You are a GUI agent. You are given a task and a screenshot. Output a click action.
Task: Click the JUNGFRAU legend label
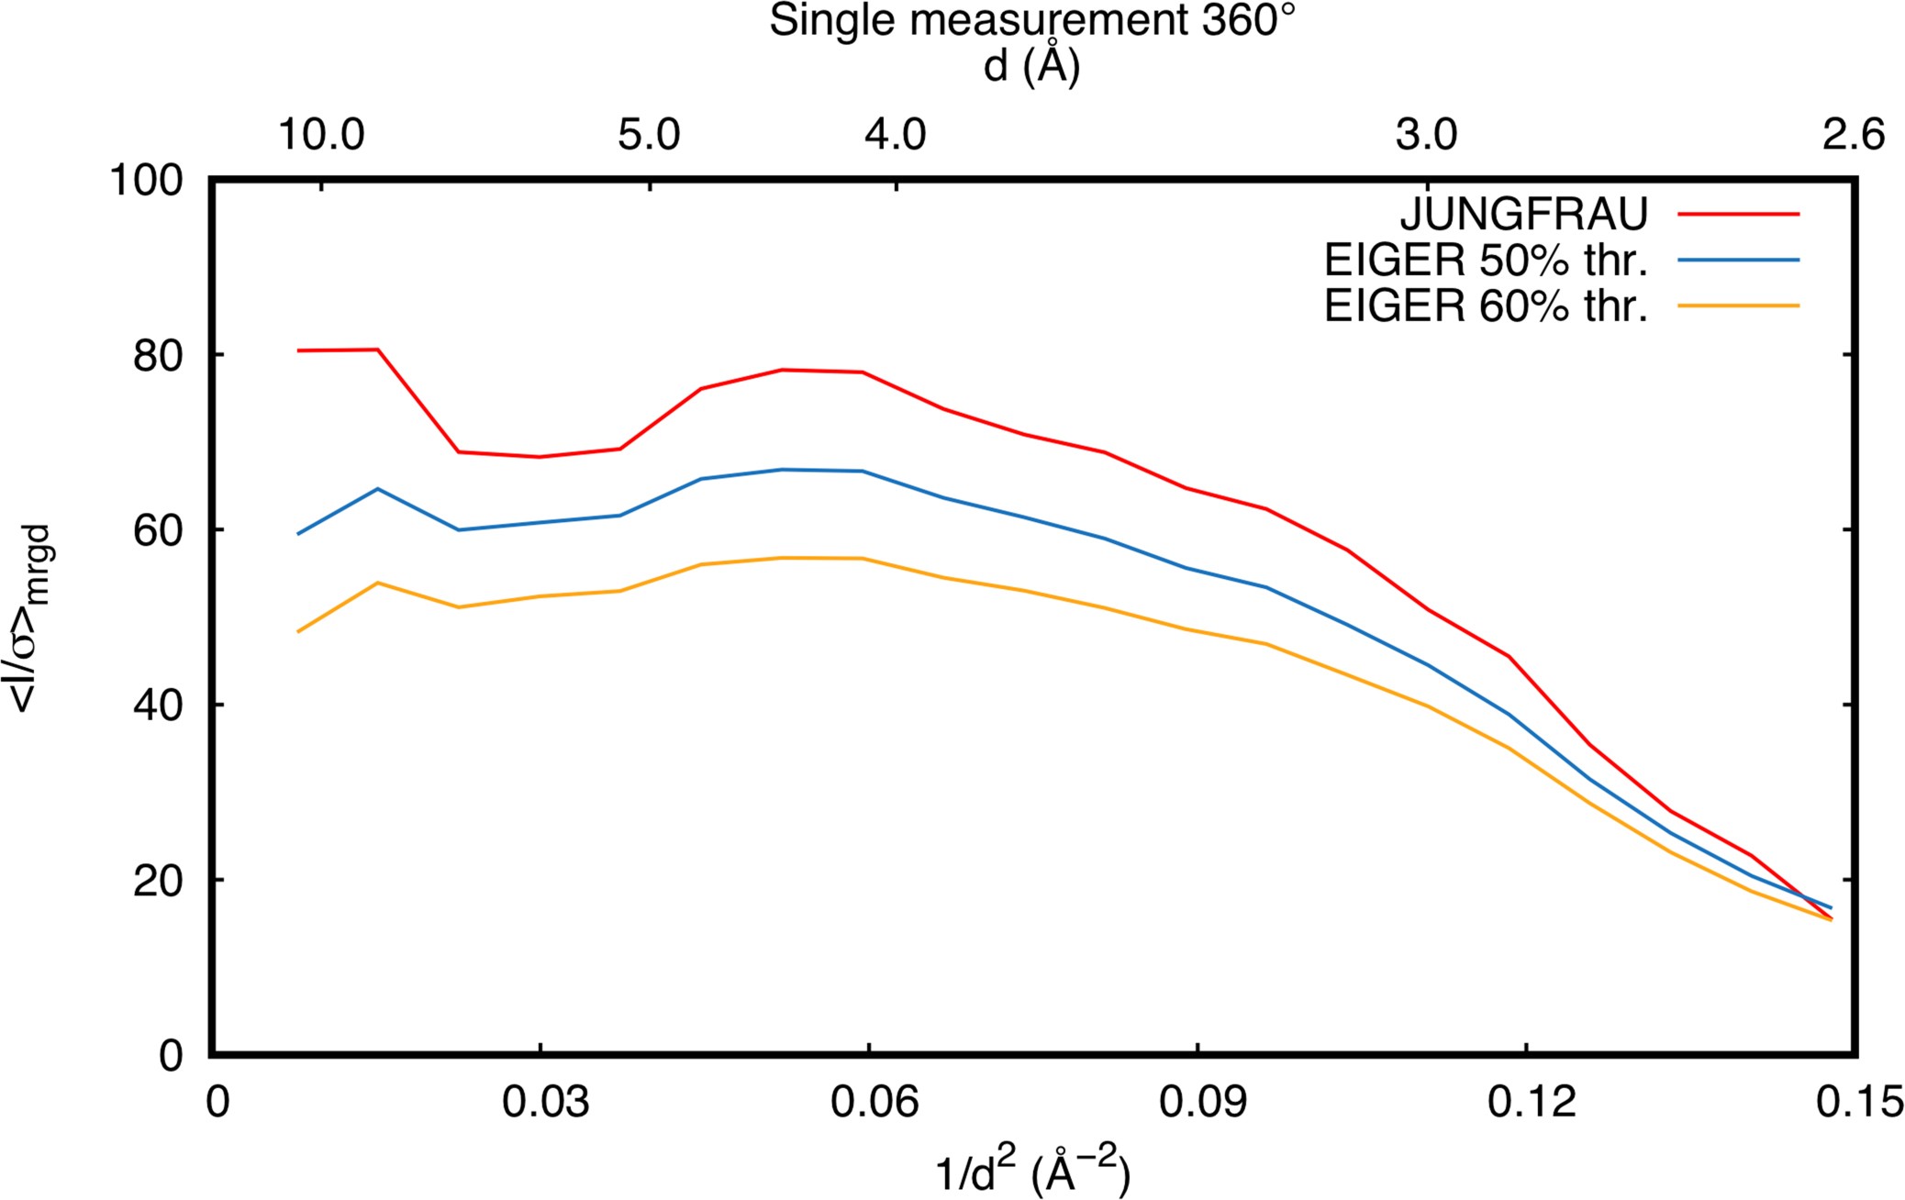click(x=1523, y=214)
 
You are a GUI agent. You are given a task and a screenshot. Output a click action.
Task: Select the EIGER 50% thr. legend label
click(x=1486, y=261)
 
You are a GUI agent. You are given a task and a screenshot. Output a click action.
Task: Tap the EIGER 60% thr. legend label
click(x=1486, y=306)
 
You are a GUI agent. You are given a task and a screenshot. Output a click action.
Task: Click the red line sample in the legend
click(x=1738, y=214)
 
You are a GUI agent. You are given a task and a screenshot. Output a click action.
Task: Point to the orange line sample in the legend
click(x=1738, y=305)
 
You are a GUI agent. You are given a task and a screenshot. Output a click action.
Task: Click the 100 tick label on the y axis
click(x=146, y=180)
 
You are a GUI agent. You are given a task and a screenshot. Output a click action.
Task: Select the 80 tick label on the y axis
click(x=158, y=356)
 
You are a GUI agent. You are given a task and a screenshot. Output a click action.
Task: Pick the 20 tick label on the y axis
click(x=158, y=881)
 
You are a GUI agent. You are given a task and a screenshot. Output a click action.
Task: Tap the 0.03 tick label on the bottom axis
click(x=545, y=1102)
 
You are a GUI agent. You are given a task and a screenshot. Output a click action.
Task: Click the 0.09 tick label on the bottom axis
click(x=1202, y=1102)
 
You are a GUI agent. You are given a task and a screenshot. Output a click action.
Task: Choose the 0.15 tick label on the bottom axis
click(x=1859, y=1102)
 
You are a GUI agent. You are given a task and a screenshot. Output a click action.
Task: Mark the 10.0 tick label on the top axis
click(x=321, y=135)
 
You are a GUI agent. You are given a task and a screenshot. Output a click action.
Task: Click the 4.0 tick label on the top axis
click(x=896, y=135)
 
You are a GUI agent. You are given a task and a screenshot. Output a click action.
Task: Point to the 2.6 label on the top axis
click(x=1854, y=135)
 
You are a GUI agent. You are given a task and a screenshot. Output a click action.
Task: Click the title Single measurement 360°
click(x=1032, y=20)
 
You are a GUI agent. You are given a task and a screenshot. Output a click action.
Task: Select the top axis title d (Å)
click(x=1032, y=66)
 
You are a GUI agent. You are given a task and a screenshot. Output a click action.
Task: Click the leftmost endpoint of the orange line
click(x=298, y=631)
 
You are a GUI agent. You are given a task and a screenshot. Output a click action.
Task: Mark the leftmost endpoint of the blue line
click(x=298, y=533)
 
